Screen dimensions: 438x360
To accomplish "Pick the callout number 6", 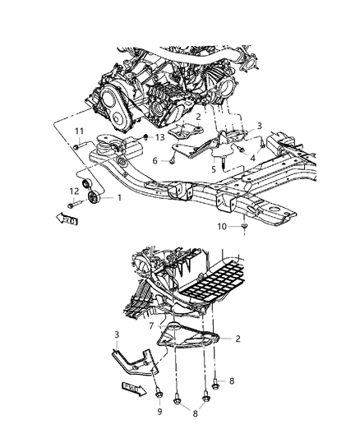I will pos(154,160).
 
